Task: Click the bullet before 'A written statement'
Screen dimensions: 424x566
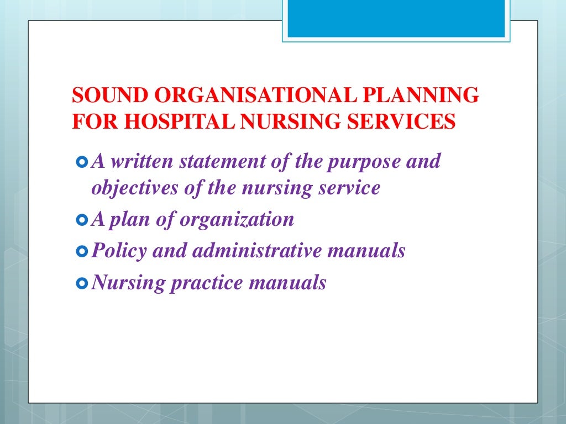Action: pyautogui.click(x=82, y=162)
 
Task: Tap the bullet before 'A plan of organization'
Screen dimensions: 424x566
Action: pyautogui.click(x=82, y=220)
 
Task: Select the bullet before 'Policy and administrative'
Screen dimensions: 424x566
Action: pyautogui.click(x=82, y=252)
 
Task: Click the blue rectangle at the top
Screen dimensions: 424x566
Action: pyautogui.click(x=396, y=18)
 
